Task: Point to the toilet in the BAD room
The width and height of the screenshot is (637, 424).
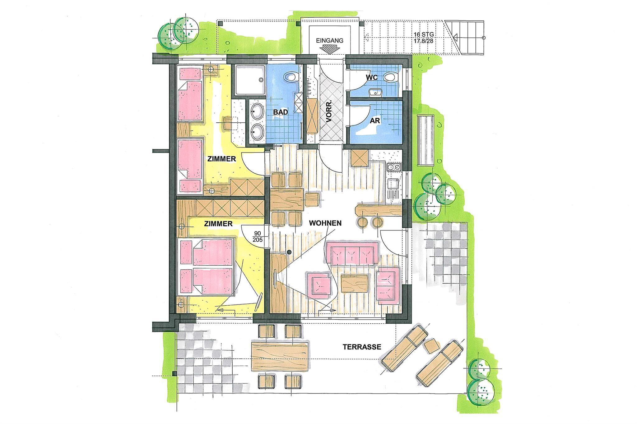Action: coord(291,76)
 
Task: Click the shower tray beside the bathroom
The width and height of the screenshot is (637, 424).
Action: coord(249,80)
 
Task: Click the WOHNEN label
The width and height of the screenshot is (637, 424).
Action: coord(325,223)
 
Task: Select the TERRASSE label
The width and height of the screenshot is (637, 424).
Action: coord(362,347)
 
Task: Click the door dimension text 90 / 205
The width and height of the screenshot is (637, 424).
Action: coord(258,236)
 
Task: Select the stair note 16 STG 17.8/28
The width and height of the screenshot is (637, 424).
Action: coord(424,38)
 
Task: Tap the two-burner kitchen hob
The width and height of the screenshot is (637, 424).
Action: coord(393,168)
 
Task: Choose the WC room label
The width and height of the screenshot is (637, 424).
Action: coord(372,77)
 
